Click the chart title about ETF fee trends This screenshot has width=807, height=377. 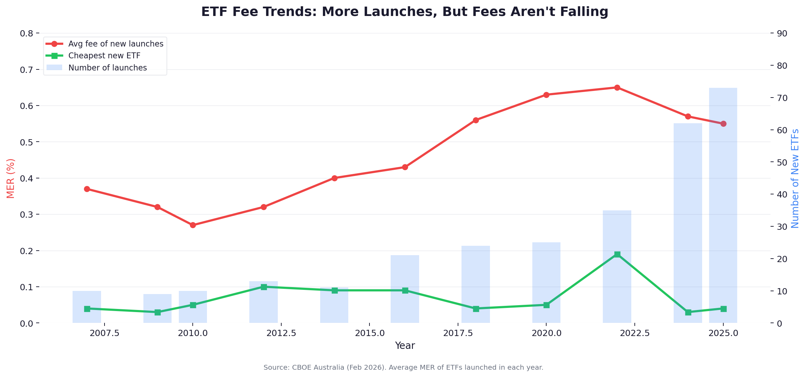tap(405, 12)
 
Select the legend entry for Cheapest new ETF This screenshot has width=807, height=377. tap(104, 56)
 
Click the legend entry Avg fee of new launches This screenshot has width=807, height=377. tap(116, 44)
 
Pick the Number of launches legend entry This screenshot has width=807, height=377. tap(107, 68)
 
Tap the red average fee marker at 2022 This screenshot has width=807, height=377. tap(617, 87)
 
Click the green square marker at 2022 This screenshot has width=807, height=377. tap(617, 254)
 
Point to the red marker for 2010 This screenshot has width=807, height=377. tap(193, 225)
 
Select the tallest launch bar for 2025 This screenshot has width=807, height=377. tap(723, 208)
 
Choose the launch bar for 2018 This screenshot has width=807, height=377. tap(475, 285)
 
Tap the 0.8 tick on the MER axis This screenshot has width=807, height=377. tap(26, 34)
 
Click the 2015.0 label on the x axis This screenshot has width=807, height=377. tap(369, 333)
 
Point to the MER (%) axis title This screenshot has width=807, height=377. tap(10, 178)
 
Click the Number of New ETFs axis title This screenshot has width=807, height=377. tap(795, 178)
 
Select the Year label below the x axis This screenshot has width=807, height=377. tap(405, 346)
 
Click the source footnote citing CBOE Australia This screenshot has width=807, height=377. tap(403, 367)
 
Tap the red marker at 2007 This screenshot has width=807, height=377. tap(87, 189)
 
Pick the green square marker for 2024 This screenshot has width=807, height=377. tap(688, 312)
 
